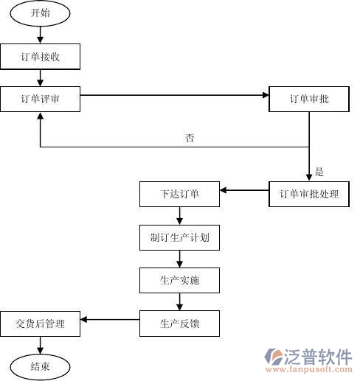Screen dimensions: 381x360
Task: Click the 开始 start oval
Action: click(41, 13)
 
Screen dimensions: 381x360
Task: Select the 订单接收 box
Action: click(41, 56)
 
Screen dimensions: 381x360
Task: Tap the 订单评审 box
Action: click(40, 99)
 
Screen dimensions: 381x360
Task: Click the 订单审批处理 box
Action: click(309, 195)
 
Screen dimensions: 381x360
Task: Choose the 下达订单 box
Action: click(179, 195)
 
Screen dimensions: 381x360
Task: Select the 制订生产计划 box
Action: click(179, 238)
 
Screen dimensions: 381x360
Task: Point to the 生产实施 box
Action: click(179, 280)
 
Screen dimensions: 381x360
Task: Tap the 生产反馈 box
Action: click(179, 323)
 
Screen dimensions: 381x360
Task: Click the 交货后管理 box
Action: click(41, 323)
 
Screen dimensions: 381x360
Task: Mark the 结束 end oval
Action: click(41, 365)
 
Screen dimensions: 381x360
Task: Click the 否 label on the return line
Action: click(190, 138)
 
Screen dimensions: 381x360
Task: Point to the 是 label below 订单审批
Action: click(319, 172)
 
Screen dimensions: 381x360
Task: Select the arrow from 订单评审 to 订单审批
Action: click(174, 96)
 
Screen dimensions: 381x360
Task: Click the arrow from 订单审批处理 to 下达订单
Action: click(244, 191)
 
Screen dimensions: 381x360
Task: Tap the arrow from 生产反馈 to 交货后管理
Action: click(110, 319)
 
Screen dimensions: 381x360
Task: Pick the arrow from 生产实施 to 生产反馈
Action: click(179, 301)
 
